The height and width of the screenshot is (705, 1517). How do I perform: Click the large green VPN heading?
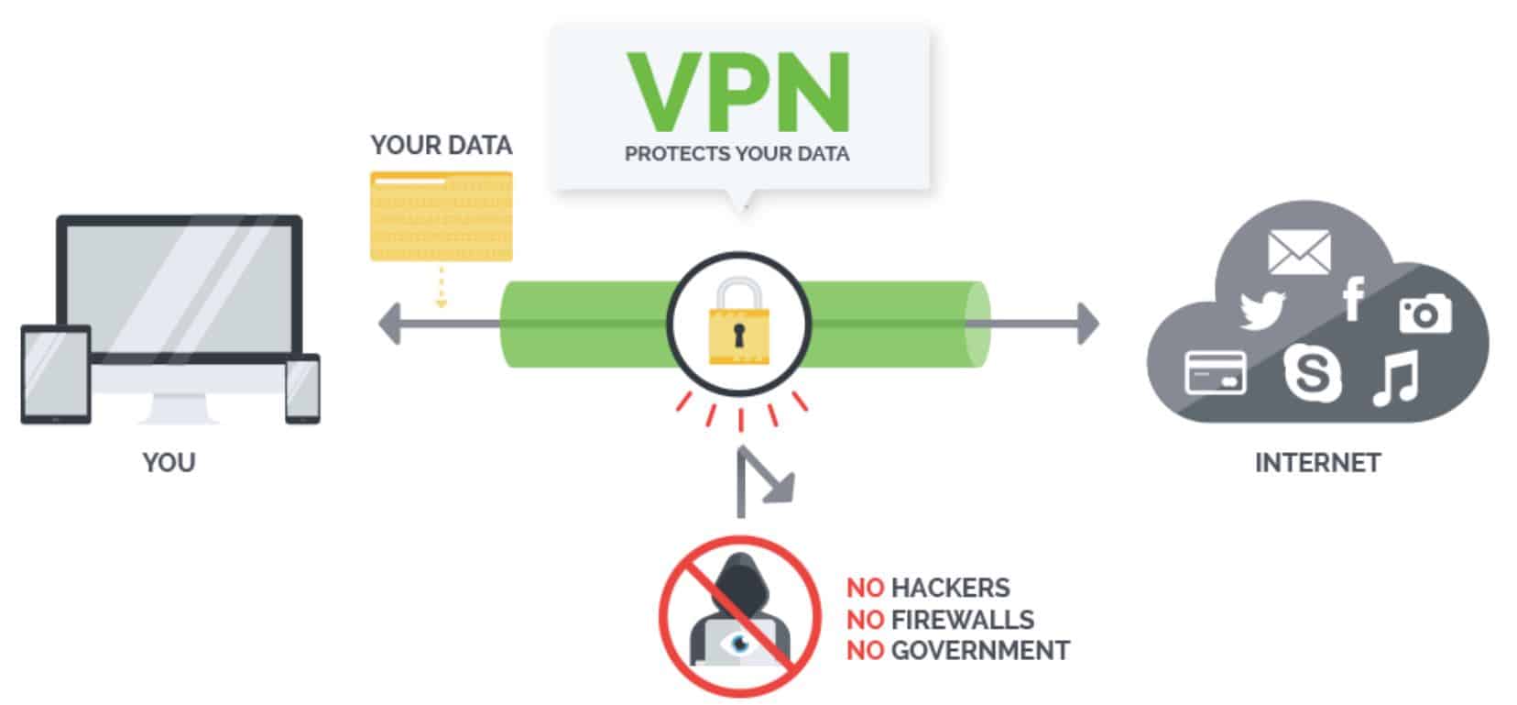pos(738,92)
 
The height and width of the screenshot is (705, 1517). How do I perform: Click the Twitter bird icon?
pos(1262,310)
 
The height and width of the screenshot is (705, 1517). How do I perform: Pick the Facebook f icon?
pos(1353,300)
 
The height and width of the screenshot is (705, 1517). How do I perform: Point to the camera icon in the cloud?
pos(1424,314)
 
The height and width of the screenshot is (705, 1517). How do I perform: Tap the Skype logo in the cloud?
pos(1311,372)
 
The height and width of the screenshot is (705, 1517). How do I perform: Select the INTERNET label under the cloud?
pos(1316,462)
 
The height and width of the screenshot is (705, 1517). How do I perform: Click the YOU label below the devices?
pos(169,462)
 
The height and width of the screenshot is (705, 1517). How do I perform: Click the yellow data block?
pos(441,216)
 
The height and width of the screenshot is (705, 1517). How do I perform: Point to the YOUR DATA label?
pos(441,146)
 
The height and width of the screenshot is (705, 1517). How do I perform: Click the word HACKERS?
pos(950,587)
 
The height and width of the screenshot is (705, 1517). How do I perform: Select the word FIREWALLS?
pos(962,619)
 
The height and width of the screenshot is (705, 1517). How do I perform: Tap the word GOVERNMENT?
pos(979,650)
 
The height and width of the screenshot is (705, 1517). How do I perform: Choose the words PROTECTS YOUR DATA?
pos(737,153)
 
